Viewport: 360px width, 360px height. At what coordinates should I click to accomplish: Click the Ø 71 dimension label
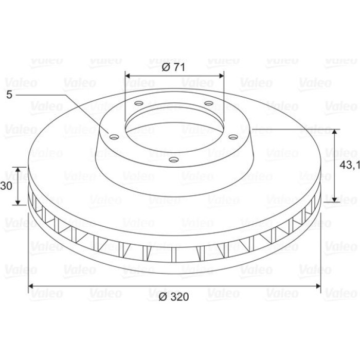pos(173,67)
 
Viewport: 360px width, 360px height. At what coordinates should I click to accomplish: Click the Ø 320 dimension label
pos(174,297)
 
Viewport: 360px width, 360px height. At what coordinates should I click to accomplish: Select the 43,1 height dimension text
pos(350,165)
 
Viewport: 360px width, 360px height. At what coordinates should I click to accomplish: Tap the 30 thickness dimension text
pos(6,186)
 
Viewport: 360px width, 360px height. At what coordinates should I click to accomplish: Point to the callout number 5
pos(9,95)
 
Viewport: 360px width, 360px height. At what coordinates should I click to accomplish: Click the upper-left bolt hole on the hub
pos(139,103)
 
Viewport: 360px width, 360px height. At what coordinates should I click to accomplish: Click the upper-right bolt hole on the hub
pos(209,103)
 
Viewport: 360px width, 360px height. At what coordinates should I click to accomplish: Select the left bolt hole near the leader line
pos(114,137)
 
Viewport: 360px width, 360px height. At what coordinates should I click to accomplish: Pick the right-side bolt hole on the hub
pos(233,137)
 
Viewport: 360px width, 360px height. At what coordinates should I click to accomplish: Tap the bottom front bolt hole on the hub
pos(174,159)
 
